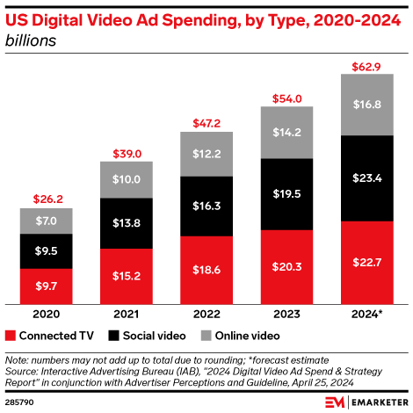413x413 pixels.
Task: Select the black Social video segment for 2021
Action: (127, 222)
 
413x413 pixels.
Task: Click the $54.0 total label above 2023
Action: (286, 98)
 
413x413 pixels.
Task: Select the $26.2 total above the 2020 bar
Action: (46, 199)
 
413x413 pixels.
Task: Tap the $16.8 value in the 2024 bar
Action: (366, 105)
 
